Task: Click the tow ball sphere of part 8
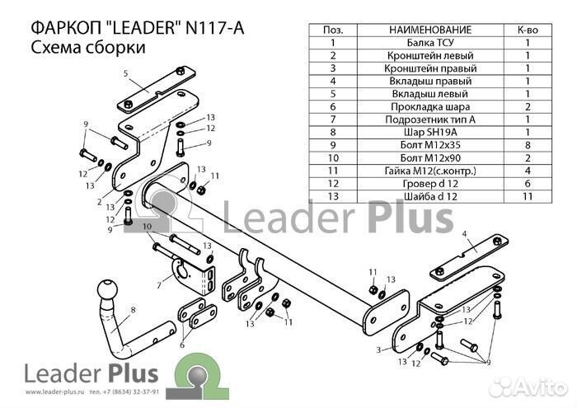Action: pyautogui.click(x=107, y=289)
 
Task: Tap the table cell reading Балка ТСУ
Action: pyautogui.click(x=430, y=43)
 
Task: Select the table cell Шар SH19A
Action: pyautogui.click(x=430, y=132)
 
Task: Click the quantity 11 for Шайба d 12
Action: pyautogui.click(x=528, y=196)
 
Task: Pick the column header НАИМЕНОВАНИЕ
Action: pyautogui.click(x=430, y=30)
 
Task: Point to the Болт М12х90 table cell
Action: pyautogui.click(x=430, y=157)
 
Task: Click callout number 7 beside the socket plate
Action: pyautogui.click(x=159, y=284)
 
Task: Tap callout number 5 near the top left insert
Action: pyautogui.click(x=125, y=73)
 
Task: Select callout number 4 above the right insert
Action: pyautogui.click(x=464, y=233)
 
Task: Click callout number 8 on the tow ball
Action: pyautogui.click(x=133, y=310)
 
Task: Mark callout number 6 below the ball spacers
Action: pyautogui.click(x=182, y=345)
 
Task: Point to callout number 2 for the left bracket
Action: pyautogui.click(x=100, y=201)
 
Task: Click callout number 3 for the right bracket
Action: pyautogui.click(x=378, y=349)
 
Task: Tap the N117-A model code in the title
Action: pyautogui.click(x=214, y=28)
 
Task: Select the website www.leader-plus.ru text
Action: pyautogui.click(x=53, y=392)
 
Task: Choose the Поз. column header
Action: pyautogui.click(x=333, y=30)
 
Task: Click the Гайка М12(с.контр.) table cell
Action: pyautogui.click(x=430, y=171)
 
